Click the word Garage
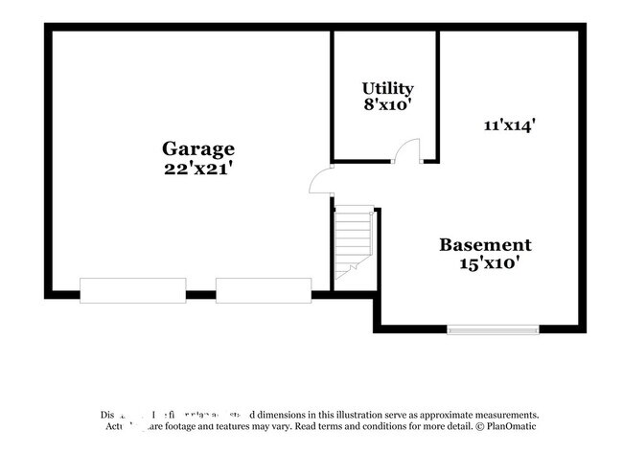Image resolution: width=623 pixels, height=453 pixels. pos(198,148)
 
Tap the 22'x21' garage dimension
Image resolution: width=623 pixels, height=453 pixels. pos(198,168)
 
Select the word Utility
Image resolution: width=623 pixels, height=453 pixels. pos(387,89)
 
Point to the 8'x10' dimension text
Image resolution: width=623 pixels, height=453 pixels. pos(387,105)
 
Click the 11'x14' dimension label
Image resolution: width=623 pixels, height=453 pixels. pos(509,124)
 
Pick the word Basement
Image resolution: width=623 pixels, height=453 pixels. pos(485,244)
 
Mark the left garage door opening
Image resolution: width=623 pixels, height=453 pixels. pos(132,290)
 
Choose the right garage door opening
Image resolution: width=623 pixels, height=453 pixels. pos(264,290)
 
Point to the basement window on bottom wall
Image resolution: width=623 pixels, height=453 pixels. pos(492,330)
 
